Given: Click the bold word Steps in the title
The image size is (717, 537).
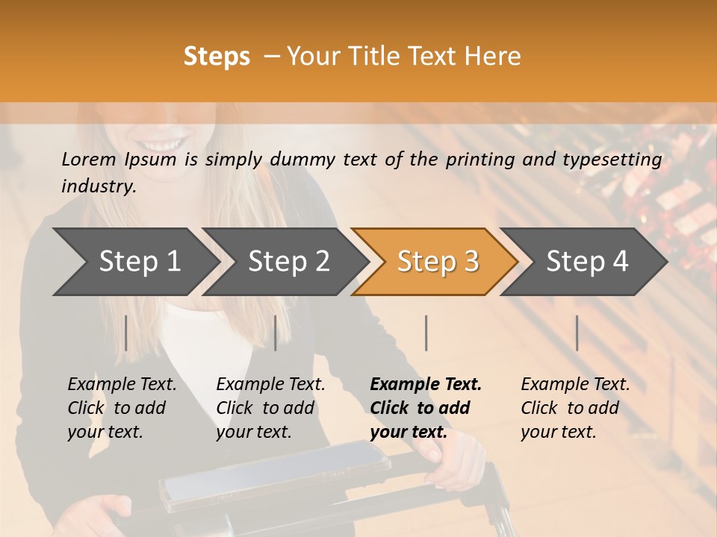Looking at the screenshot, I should (217, 57).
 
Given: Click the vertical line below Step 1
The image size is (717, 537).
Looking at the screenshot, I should (126, 333).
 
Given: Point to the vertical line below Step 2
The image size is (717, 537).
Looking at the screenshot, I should (276, 333).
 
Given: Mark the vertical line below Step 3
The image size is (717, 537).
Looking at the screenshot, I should (426, 333).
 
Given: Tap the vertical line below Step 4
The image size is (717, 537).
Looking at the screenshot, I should (577, 333).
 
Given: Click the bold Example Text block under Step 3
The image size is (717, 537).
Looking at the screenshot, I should (426, 408).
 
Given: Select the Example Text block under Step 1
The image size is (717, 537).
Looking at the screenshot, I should (122, 408).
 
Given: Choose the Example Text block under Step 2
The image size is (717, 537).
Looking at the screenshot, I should (270, 408).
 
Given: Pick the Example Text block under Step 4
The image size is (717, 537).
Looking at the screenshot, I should (575, 408).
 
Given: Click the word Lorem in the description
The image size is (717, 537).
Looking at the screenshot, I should (89, 159).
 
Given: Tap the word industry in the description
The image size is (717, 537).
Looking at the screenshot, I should (98, 186).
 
